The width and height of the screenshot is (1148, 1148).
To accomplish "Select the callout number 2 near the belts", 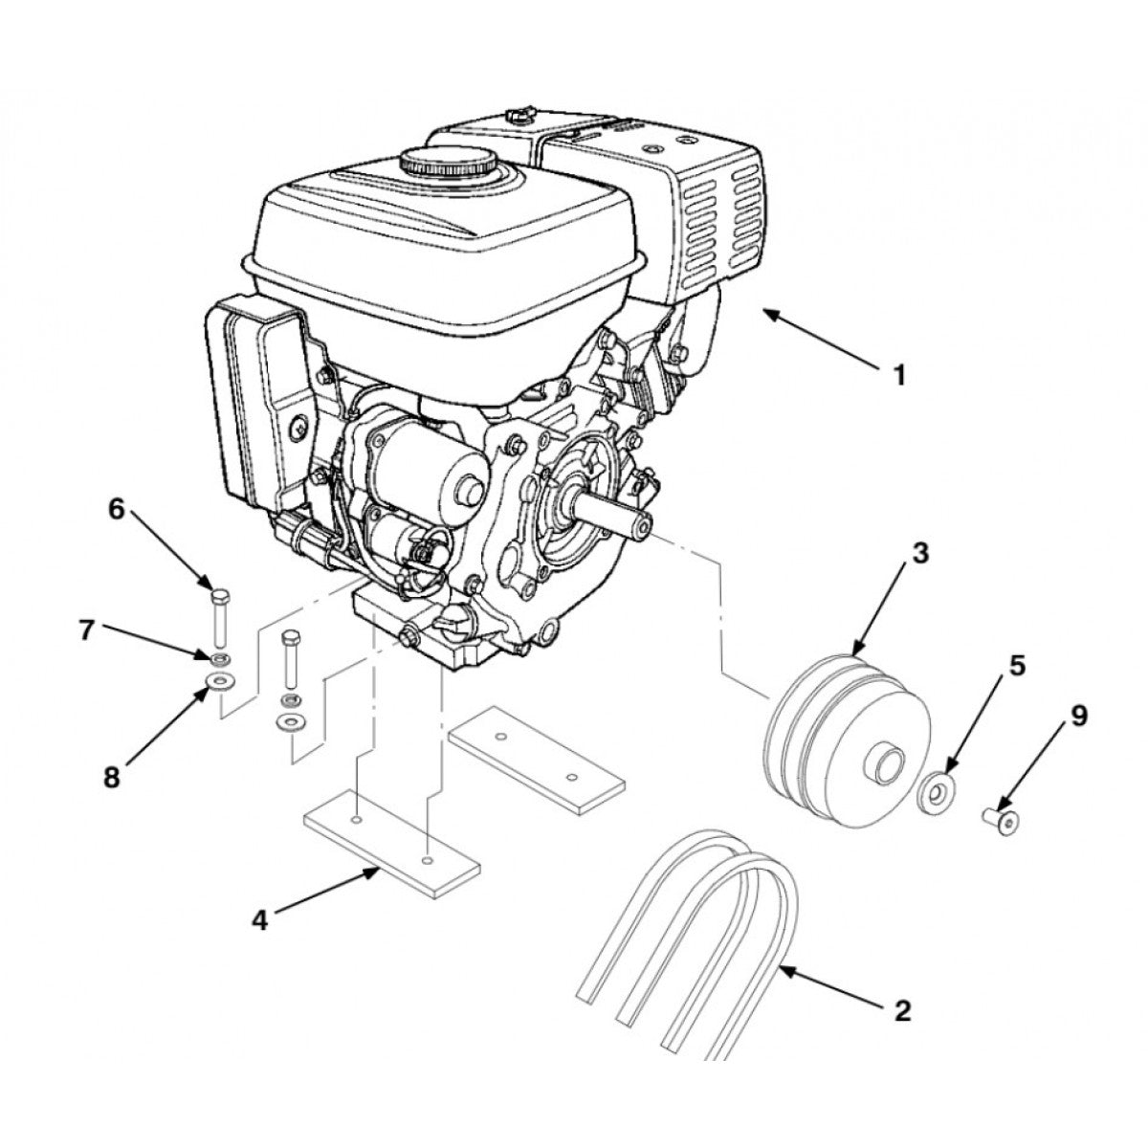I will point(900,1009).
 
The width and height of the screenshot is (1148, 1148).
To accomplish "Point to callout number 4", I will point(258,920).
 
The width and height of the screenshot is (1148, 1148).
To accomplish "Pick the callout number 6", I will point(117,509).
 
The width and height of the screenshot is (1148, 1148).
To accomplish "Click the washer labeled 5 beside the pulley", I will point(935,793).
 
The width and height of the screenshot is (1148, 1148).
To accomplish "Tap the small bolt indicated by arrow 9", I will point(1002,820).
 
